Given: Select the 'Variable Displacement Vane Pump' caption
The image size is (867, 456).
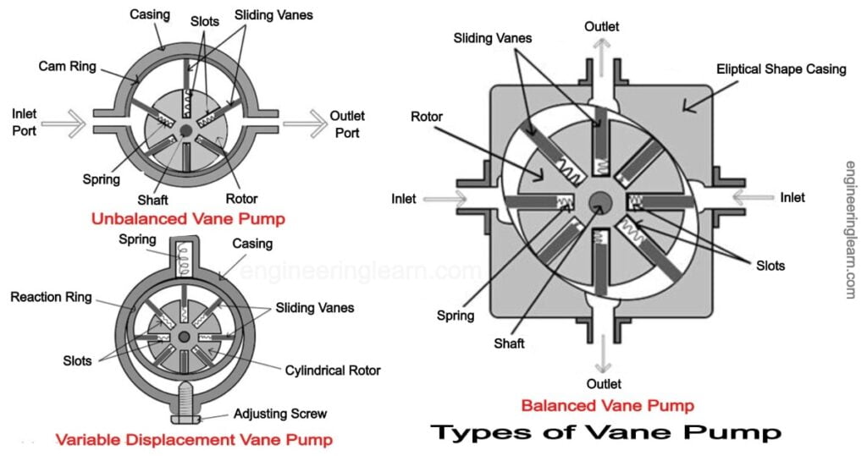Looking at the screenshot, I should tap(194, 439).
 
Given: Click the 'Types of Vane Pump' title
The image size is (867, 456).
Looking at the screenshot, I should tap(605, 432).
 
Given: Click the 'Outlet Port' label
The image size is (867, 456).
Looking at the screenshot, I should tap(345, 124).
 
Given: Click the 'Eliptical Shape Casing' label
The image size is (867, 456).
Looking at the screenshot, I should tap(781, 69).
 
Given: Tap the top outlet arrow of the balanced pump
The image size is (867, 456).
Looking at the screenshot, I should tap(600, 50).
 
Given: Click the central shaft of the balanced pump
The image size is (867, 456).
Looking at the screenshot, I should tap(601, 201).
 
